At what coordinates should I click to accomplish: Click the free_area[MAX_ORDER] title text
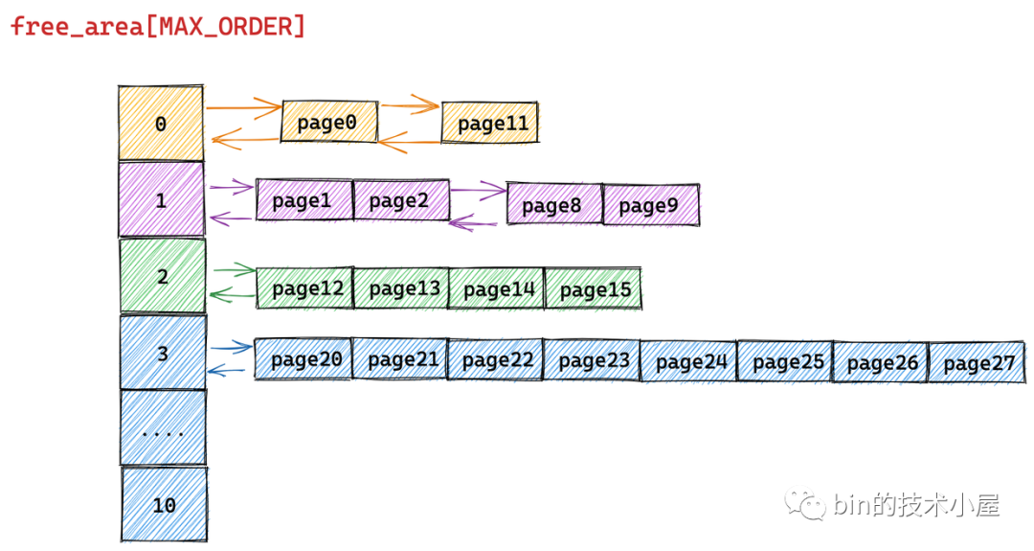pos(158,26)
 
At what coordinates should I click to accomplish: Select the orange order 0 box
pos(161,124)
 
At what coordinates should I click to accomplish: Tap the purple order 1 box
pos(161,200)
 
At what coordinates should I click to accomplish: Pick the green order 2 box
pos(162,276)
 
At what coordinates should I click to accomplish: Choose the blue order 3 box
pos(163,353)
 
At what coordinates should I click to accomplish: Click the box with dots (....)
pos(163,428)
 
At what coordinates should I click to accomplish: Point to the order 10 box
pos(164,504)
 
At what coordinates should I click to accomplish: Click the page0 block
pos(327,123)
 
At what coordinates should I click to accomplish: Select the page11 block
pos(490,124)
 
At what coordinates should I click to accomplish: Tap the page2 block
pos(400,200)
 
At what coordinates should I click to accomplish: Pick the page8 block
pos(553,205)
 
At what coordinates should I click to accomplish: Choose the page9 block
pos(650,205)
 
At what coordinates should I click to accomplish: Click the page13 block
pos(401,288)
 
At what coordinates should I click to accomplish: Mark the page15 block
pos(594,289)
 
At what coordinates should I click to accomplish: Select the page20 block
pos(304,359)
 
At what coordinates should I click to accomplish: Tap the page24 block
pos(689,362)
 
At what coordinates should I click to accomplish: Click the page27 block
pos(977,363)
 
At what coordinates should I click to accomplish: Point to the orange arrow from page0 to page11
pos(410,105)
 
